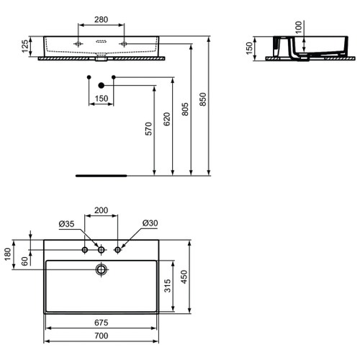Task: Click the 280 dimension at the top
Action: click(x=101, y=19)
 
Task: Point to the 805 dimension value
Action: click(x=186, y=108)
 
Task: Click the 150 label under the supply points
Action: click(x=101, y=98)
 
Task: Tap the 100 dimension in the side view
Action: click(x=298, y=27)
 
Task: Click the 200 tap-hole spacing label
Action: click(x=102, y=211)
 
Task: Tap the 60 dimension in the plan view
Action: click(x=24, y=261)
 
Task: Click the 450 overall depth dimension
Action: click(x=186, y=277)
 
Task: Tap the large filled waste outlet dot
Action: click(x=101, y=85)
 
